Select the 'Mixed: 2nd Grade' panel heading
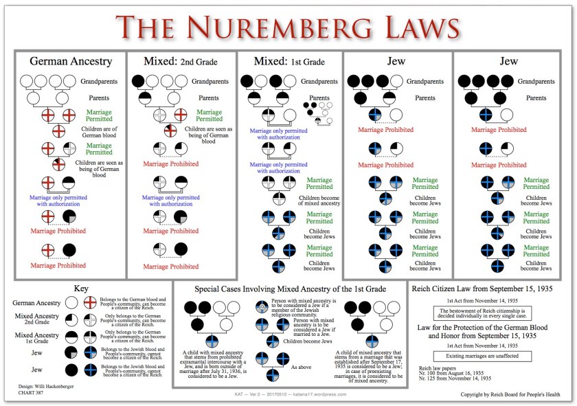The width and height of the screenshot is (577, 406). (x=179, y=61)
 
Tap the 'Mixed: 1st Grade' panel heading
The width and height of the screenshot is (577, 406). (x=288, y=61)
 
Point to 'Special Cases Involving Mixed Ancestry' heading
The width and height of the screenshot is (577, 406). (x=289, y=289)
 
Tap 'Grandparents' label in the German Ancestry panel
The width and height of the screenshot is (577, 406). (x=98, y=81)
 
